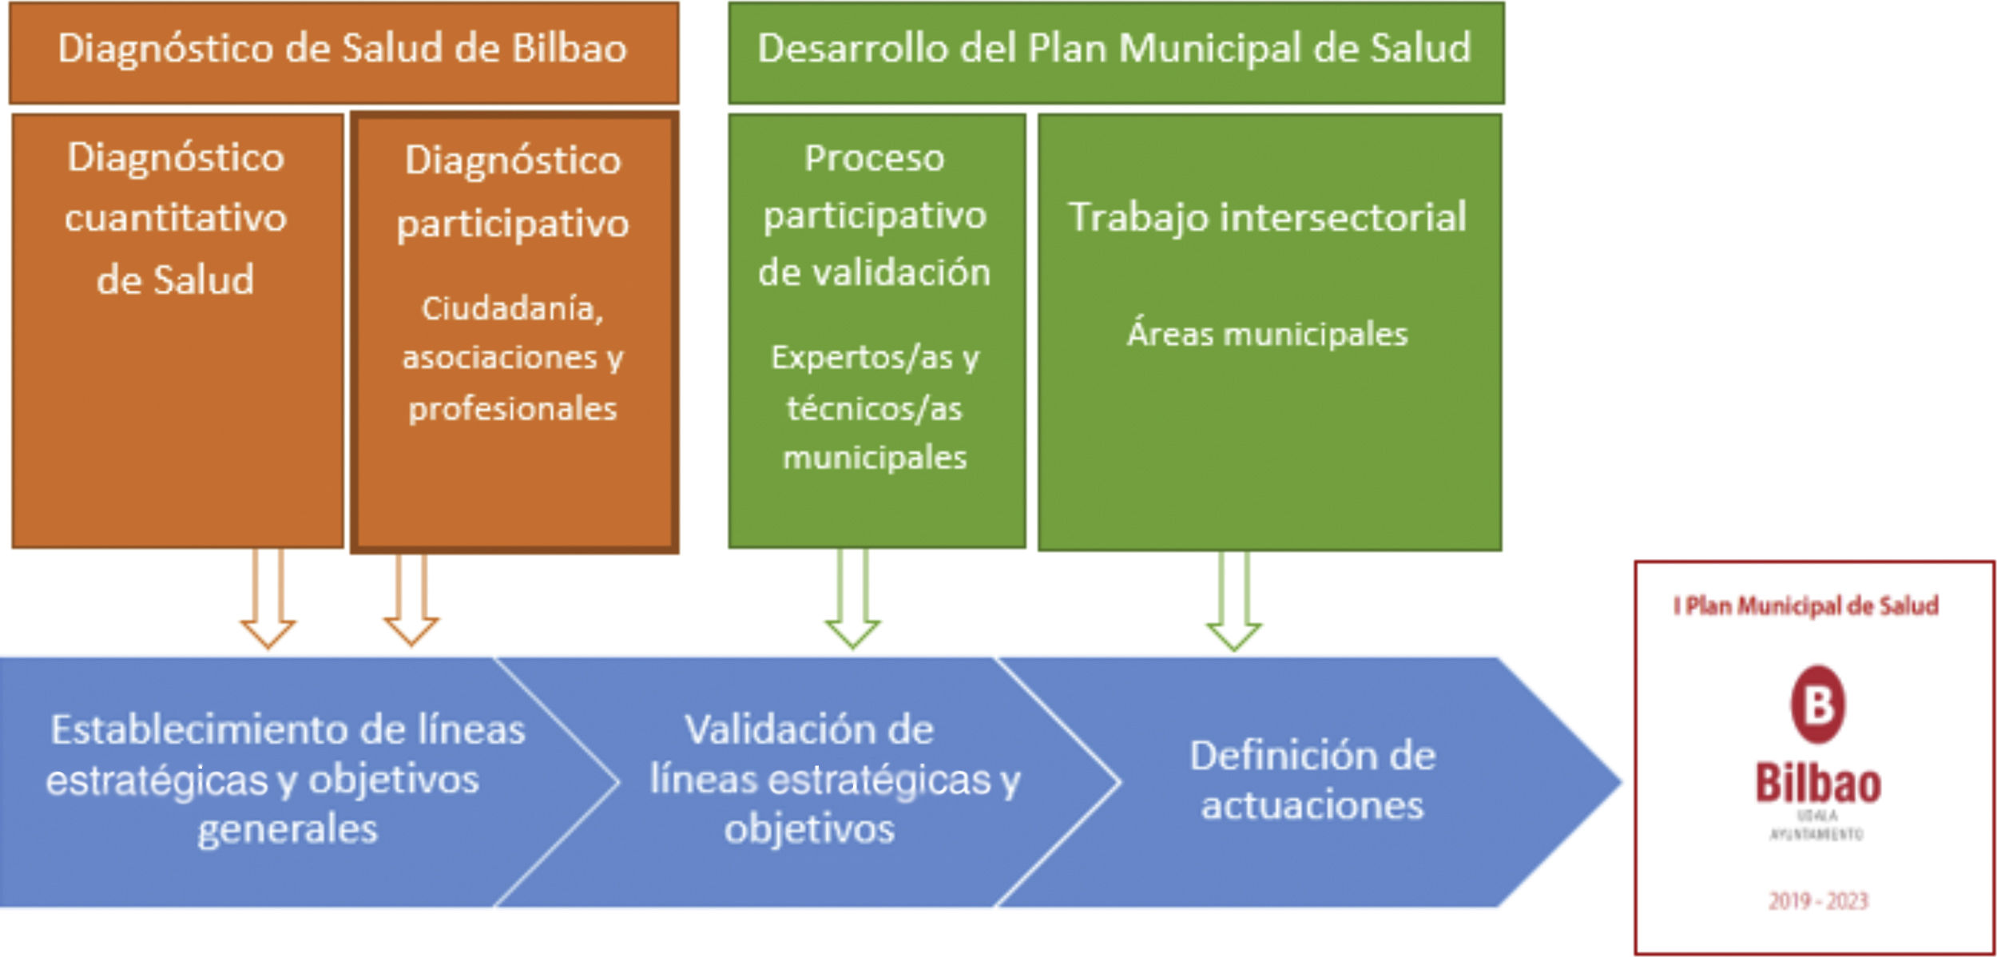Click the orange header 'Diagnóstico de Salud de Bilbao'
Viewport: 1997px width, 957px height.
pos(343,50)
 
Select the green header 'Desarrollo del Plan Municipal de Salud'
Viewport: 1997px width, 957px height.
pos(1114,50)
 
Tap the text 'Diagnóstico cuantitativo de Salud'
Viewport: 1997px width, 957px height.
pos(176,218)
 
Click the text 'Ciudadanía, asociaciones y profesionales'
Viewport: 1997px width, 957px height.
pos(513,358)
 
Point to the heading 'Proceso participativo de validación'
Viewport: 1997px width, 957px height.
pos(875,215)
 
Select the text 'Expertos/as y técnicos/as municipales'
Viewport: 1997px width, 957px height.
pos(875,407)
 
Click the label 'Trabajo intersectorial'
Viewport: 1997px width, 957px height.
pos(1268,217)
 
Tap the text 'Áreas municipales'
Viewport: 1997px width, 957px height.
pos(1268,334)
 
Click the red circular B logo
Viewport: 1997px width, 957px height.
pos(1818,705)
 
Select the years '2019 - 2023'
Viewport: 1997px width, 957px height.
pos(1818,902)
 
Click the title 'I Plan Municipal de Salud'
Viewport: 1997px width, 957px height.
pos(1806,606)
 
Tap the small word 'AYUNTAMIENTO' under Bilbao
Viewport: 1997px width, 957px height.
pos(1816,835)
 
